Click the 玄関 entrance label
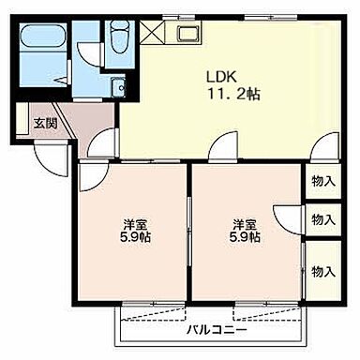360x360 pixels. [44, 123]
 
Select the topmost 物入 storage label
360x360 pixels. [323, 180]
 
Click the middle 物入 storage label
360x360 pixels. [323, 219]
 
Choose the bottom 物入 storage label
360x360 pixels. [323, 271]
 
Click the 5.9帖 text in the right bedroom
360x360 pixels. [247, 237]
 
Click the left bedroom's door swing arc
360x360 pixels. [92, 176]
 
